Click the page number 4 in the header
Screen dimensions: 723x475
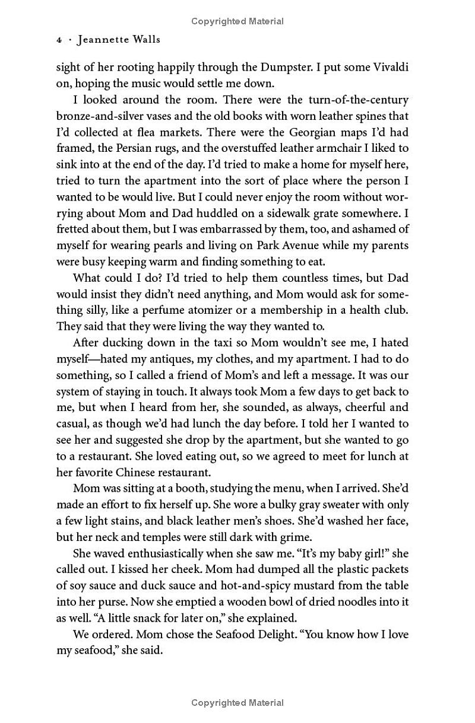click(59, 40)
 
